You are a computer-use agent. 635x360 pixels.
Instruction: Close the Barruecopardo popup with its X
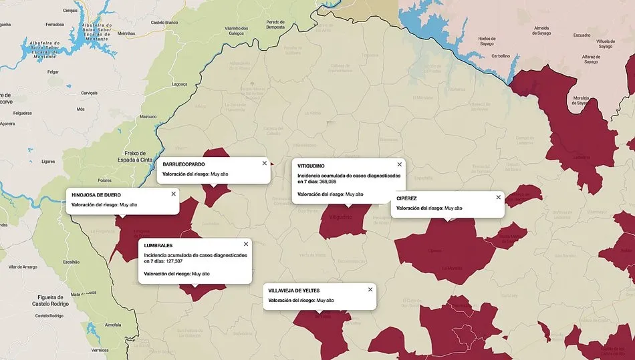pos(264,163)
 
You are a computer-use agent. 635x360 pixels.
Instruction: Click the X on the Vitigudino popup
pos(400,164)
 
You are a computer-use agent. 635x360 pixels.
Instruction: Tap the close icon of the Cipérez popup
pos(498,197)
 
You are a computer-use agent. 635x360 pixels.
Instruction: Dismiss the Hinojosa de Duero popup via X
pos(173,194)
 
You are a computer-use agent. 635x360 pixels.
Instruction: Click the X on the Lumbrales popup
pos(245,244)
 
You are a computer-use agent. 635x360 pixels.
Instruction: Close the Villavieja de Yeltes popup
pos(370,289)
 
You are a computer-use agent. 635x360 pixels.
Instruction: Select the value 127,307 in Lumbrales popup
pos(170,261)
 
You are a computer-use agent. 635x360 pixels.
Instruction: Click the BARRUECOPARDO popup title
pos(184,164)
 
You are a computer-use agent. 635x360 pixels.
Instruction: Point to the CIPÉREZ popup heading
pos(406,198)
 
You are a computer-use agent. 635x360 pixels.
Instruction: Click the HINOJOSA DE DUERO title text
pos(96,194)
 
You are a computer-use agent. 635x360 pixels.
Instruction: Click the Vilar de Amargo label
pos(23,266)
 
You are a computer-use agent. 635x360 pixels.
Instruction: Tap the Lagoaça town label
pos(180,84)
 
